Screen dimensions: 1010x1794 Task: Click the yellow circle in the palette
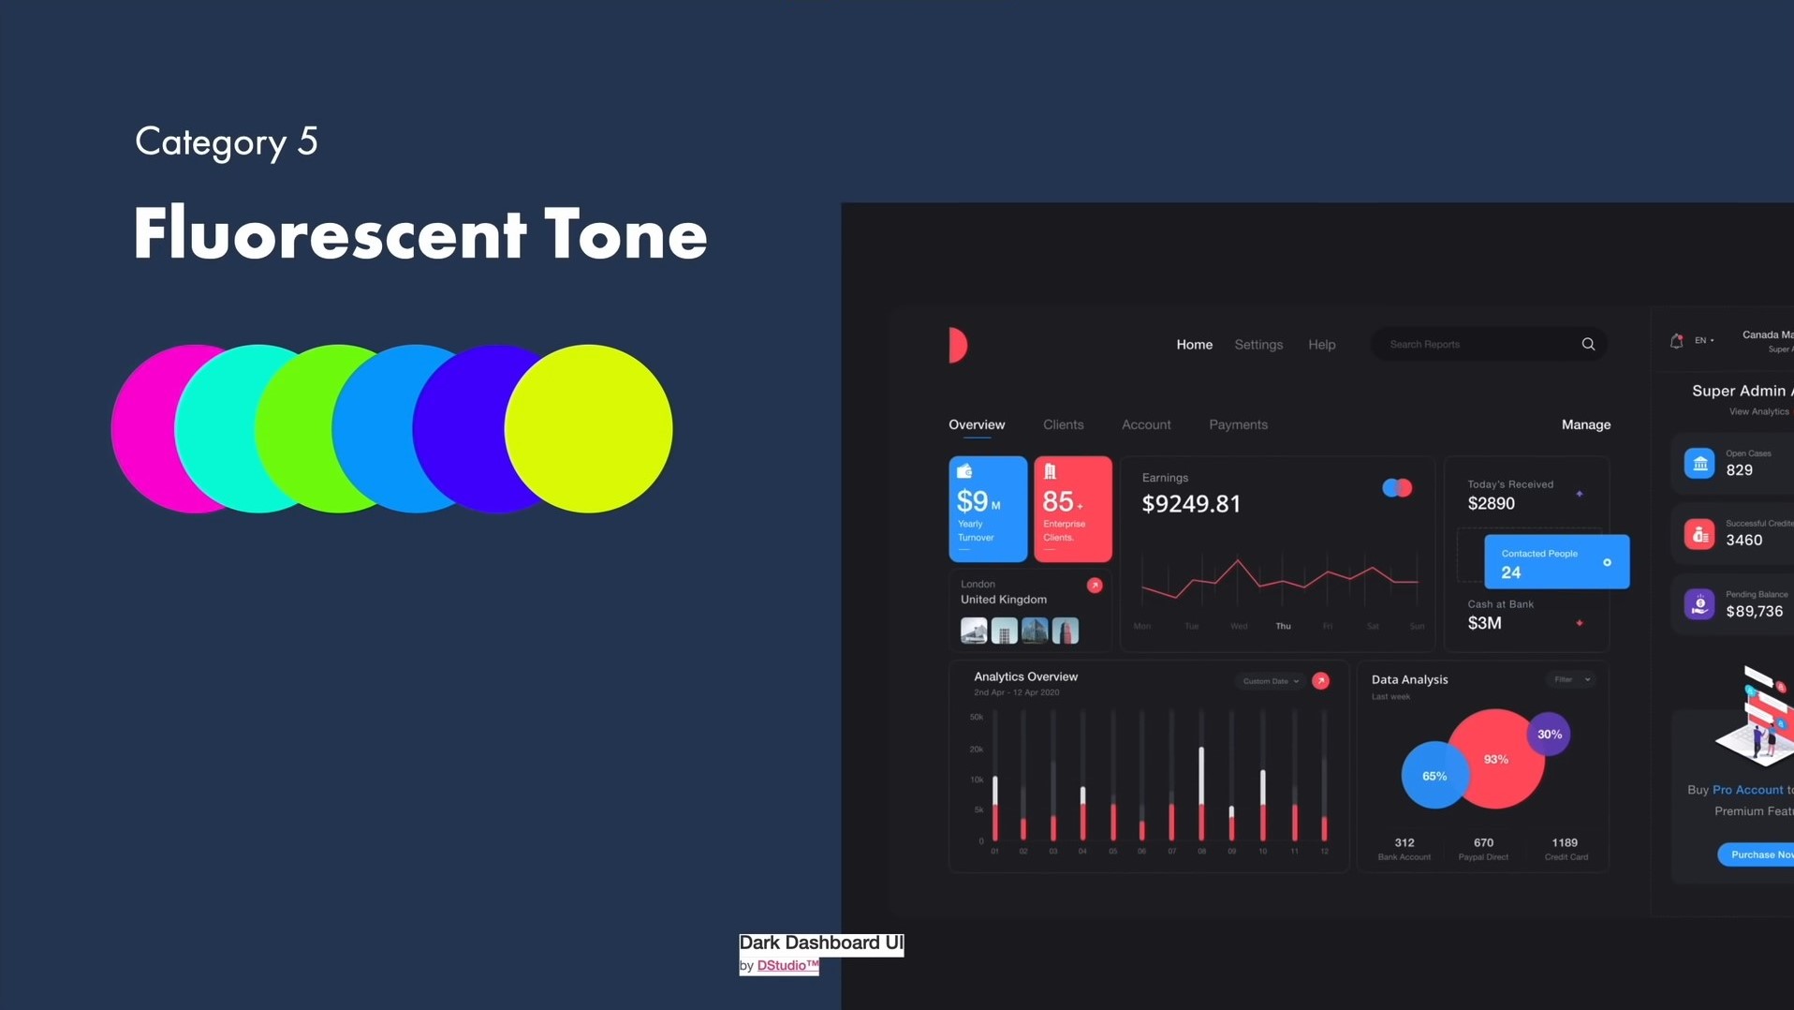tap(588, 428)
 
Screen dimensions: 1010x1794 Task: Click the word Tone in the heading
tap(625, 234)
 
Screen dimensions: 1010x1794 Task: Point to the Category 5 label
tap(227, 142)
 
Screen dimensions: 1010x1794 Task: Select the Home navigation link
tap(1194, 345)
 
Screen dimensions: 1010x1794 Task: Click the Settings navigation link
tap(1258, 345)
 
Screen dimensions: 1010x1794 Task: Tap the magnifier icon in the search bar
tap(1588, 345)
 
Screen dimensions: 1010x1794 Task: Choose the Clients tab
tap(1063, 425)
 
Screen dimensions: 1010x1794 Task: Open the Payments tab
tap(1238, 425)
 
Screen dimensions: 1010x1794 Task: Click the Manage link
tap(1585, 425)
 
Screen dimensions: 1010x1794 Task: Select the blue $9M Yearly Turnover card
tap(987, 509)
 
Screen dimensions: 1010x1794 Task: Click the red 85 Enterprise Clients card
tap(1072, 509)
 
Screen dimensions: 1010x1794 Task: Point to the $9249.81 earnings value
tap(1191, 504)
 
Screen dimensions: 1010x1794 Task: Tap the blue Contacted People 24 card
tap(1555, 562)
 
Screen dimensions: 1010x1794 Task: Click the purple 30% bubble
tap(1549, 735)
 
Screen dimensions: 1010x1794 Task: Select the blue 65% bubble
tap(1433, 776)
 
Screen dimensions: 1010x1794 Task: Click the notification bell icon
tap(1676, 341)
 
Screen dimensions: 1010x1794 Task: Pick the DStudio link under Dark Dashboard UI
tap(787, 966)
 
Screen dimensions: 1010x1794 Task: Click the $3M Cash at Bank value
tap(1484, 624)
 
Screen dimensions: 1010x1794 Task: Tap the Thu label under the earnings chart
tap(1283, 626)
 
